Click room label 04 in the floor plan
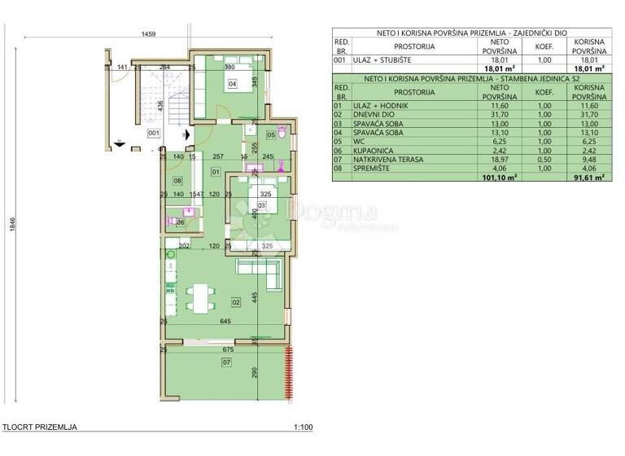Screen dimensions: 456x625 [232, 83]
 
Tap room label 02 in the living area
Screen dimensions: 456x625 [236, 302]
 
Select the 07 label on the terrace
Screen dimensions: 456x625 [226, 362]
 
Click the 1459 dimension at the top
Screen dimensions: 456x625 [148, 34]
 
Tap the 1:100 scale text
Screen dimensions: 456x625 [302, 427]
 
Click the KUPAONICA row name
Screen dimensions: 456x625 [373, 151]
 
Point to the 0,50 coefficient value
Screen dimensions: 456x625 [544, 160]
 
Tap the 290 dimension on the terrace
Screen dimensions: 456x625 [255, 371]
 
